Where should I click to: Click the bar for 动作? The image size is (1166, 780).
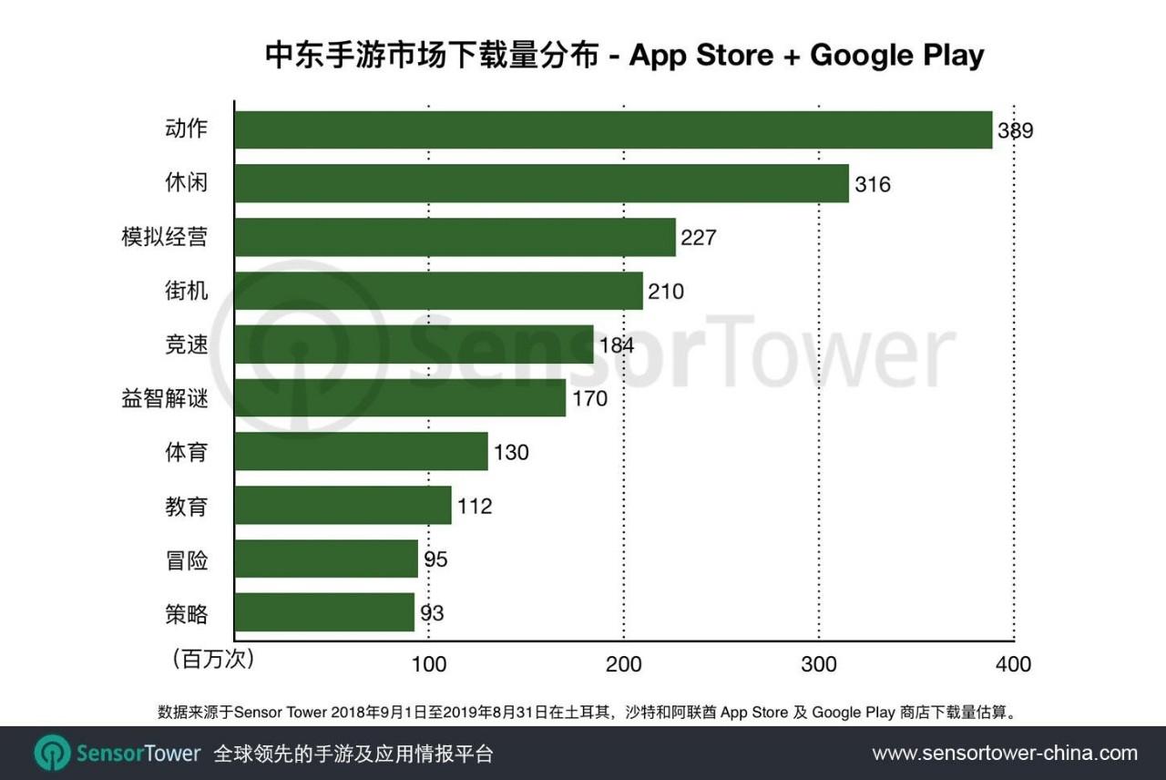click(613, 129)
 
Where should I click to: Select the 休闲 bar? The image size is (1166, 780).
click(541, 183)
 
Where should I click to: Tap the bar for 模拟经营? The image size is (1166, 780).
click(455, 237)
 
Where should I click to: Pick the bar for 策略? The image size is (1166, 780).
click(324, 612)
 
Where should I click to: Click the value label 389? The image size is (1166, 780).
click(1015, 130)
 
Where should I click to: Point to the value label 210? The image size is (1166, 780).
click(666, 292)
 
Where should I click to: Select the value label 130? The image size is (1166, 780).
click(511, 452)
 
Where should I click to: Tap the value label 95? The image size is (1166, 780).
click(435, 559)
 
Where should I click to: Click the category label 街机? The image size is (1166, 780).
click(186, 291)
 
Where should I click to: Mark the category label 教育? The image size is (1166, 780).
click(186, 506)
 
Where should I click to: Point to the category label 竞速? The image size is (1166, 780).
click(186, 344)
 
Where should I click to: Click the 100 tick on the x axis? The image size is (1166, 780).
click(429, 664)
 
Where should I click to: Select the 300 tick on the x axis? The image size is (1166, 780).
click(819, 664)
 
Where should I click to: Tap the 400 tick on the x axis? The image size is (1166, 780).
click(1013, 664)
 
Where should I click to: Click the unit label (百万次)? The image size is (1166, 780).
click(213, 659)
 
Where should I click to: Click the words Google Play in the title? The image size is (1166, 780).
click(896, 55)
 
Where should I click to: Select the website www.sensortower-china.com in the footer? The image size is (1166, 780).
click(1005, 754)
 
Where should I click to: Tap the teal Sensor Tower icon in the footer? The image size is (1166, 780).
click(52, 754)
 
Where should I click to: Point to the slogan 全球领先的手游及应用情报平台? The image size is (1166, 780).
click(353, 754)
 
